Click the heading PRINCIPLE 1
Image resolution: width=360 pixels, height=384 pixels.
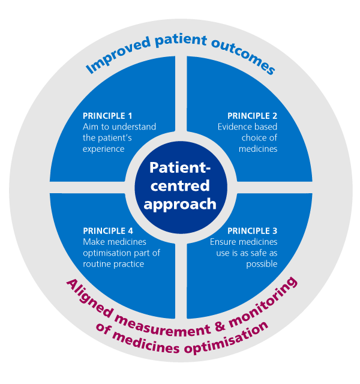point(107,116)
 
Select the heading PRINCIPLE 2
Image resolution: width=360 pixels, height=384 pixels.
point(252,116)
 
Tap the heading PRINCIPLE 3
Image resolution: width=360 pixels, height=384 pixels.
point(252,230)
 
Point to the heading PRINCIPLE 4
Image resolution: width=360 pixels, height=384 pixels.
point(107,230)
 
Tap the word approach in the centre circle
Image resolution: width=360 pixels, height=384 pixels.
point(179,204)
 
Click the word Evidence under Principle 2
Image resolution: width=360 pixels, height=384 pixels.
point(234,127)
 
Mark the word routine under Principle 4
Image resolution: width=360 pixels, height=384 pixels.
point(97,264)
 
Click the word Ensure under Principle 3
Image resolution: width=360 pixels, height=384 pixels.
point(223,242)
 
